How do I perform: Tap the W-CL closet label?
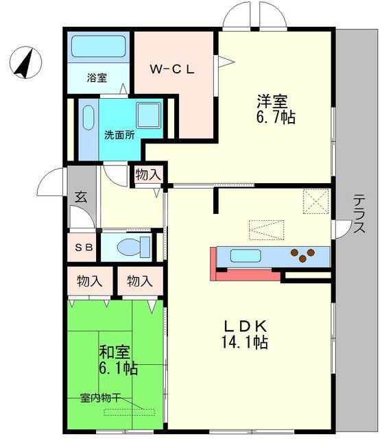pyautogui.click(x=174, y=69)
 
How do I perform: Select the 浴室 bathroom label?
pyautogui.click(x=97, y=78)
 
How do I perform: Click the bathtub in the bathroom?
pyautogui.click(x=99, y=47)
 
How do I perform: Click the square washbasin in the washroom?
pyautogui.click(x=148, y=115)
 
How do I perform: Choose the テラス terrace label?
pyautogui.click(x=359, y=215)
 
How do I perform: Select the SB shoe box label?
pyautogui.click(x=83, y=246)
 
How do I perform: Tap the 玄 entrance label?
pyautogui.click(x=80, y=198)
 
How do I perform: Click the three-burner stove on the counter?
pyautogui.click(x=303, y=255)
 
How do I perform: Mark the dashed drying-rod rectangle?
pyautogui.click(x=130, y=412)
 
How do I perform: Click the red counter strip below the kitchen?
pyautogui.click(x=247, y=274)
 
